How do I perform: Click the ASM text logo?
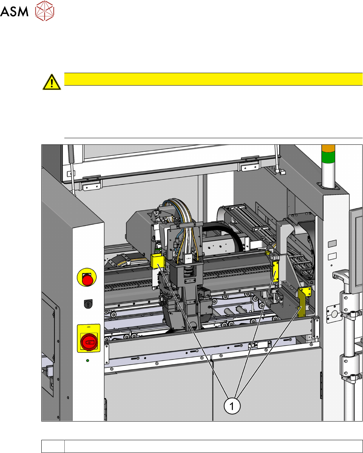click(14, 11)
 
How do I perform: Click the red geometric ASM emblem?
click(45, 11)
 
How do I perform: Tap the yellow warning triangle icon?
click(52, 82)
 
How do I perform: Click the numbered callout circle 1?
click(232, 406)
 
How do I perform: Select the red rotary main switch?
click(89, 341)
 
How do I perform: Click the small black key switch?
click(88, 304)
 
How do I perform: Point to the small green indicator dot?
click(87, 360)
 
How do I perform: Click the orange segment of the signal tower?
click(328, 148)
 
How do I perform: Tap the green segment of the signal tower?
click(328, 156)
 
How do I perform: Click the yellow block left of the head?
click(158, 261)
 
